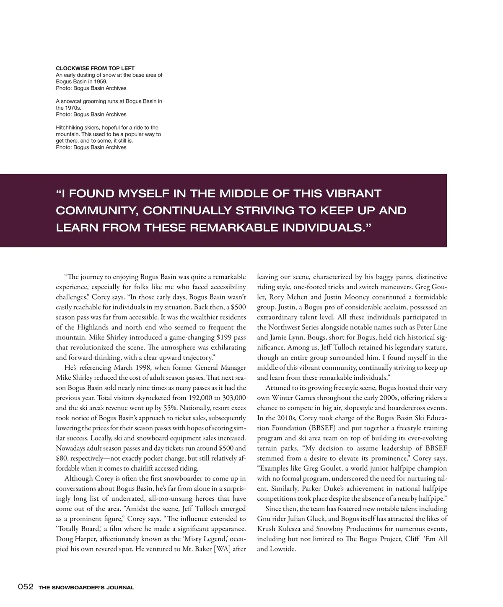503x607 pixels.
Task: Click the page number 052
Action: coord(25,587)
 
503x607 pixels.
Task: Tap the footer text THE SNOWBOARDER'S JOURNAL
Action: coord(86,587)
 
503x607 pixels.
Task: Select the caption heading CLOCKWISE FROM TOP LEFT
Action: coord(95,68)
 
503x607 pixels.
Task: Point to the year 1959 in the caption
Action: coord(101,82)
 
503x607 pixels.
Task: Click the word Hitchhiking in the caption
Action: coord(70,128)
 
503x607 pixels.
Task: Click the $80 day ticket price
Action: coord(62,458)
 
